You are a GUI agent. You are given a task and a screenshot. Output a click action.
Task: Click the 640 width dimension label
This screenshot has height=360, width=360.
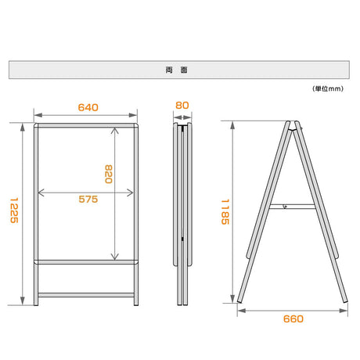(x=88, y=107)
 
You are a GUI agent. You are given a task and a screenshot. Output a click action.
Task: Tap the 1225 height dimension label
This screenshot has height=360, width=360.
(x=14, y=211)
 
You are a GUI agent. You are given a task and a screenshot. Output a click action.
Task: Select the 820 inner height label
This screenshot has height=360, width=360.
(x=109, y=174)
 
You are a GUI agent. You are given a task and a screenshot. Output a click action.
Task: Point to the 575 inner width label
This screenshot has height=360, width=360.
(x=88, y=200)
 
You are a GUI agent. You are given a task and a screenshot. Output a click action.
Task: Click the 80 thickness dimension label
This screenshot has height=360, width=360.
(x=182, y=106)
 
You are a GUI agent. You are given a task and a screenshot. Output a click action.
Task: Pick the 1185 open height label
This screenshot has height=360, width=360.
(x=225, y=212)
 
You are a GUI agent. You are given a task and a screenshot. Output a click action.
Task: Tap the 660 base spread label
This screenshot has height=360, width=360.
(x=293, y=319)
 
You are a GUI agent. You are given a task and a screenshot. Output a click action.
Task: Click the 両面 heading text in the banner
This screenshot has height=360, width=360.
(x=177, y=70)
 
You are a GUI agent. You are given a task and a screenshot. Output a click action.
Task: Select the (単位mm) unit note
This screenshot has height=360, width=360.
(x=328, y=88)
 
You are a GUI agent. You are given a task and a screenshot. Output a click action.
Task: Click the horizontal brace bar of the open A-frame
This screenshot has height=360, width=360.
(x=292, y=207)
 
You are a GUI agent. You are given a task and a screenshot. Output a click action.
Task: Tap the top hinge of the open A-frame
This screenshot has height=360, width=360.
(x=292, y=124)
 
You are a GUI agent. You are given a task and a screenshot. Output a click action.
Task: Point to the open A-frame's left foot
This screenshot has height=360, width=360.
(x=239, y=301)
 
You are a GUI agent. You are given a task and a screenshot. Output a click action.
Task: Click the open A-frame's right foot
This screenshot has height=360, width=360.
(x=345, y=301)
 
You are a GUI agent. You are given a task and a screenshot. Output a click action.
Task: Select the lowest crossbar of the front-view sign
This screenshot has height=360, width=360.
(x=86, y=295)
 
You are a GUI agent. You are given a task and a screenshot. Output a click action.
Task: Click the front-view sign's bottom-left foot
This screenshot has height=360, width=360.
(x=36, y=304)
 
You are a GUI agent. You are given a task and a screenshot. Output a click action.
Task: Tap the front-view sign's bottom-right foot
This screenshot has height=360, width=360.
(x=136, y=304)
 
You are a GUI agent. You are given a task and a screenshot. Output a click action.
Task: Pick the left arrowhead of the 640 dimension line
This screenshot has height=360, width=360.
(x=38, y=115)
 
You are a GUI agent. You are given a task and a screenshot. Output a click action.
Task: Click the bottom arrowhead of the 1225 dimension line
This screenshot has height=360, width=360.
(x=23, y=301)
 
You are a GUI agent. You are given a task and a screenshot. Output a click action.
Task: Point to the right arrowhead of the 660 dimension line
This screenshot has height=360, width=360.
(x=344, y=311)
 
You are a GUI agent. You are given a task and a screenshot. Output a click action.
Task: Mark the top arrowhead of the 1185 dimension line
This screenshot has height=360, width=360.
(x=232, y=125)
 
